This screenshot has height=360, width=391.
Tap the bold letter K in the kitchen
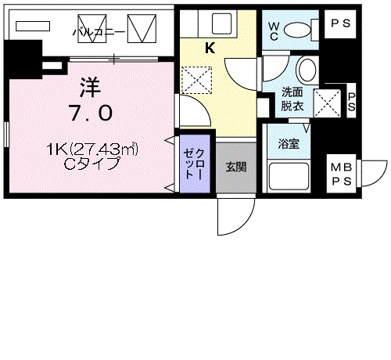click(210, 48)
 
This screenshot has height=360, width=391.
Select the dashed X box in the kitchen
click(192, 79)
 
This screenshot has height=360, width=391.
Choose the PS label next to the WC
click(341, 23)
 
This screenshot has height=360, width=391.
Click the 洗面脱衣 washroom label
click(293, 99)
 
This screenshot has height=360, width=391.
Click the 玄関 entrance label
click(235, 167)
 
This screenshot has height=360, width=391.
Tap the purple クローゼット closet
click(193, 167)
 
